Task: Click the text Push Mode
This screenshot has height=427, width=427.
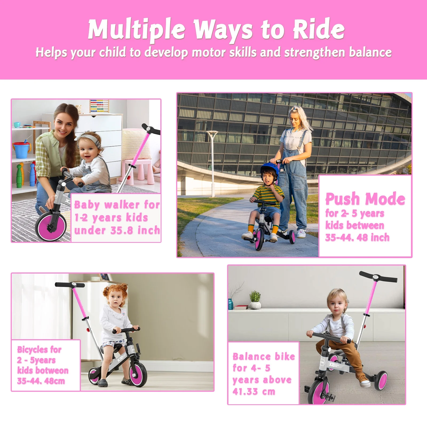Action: pyautogui.click(x=365, y=199)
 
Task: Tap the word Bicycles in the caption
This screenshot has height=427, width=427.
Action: pyautogui.click(x=32, y=349)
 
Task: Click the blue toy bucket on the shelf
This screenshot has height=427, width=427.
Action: pyautogui.click(x=22, y=149)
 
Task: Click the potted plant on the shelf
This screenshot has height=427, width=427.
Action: pyautogui.click(x=255, y=300)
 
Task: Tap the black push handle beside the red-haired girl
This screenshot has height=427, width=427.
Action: pyautogui.click(x=70, y=285)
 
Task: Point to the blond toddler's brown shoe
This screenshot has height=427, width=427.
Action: pyautogui.click(x=363, y=378)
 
